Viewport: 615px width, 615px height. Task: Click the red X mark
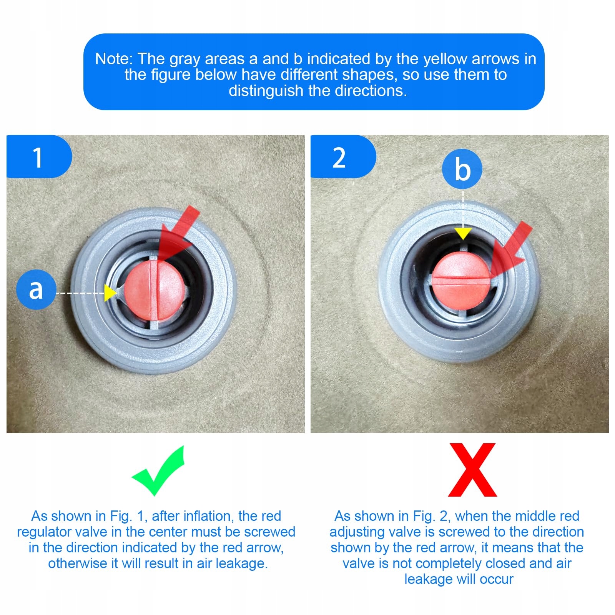click(472, 470)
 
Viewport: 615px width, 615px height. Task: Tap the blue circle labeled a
click(36, 289)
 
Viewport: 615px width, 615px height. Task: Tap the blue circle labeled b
click(462, 169)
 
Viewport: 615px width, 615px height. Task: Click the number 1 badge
click(39, 156)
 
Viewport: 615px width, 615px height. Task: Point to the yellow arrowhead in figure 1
click(111, 293)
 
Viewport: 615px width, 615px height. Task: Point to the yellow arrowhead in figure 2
click(463, 233)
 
